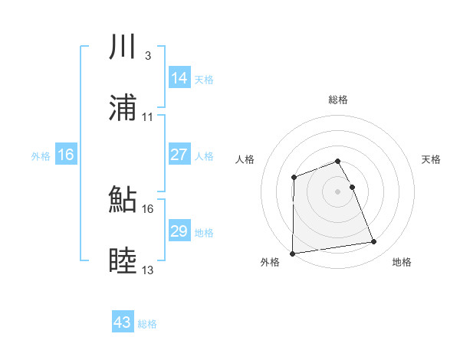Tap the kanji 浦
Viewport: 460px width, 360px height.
123,109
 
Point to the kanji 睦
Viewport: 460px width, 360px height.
123,262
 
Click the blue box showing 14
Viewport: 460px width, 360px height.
179,78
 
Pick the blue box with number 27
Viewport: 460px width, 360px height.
179,155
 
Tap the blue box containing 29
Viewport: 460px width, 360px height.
179,231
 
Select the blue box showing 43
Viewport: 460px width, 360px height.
123,322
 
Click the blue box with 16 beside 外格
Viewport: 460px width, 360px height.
66,155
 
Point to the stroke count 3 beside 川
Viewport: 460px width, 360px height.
147,56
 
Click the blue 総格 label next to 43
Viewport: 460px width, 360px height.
147,324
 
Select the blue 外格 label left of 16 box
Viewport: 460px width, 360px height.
41,156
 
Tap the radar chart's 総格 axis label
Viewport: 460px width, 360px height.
338,100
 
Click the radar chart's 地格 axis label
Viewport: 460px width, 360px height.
402,263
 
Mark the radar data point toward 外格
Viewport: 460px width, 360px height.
292,254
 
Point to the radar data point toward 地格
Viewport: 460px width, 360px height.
374,242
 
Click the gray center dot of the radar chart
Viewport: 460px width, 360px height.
338,191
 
